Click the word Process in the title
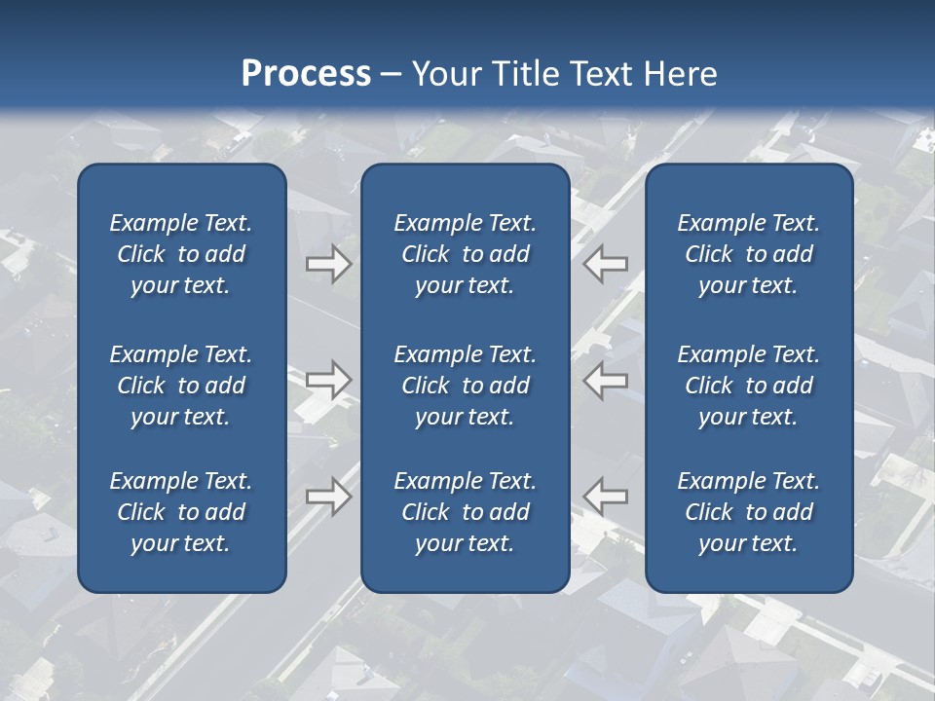tap(306, 74)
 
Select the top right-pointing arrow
tap(329, 264)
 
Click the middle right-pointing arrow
tap(329, 380)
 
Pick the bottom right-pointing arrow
tap(329, 496)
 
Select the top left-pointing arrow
tap(606, 264)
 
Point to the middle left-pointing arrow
tap(606, 380)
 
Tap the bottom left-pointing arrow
tap(606, 496)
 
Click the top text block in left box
tap(181, 254)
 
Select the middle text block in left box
tap(181, 386)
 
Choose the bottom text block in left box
tap(181, 512)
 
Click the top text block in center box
tap(465, 254)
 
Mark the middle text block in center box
tap(465, 386)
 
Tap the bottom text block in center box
tap(465, 512)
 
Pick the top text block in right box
tap(748, 254)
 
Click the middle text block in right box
tap(748, 386)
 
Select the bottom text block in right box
tap(748, 512)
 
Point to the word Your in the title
tap(446, 74)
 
